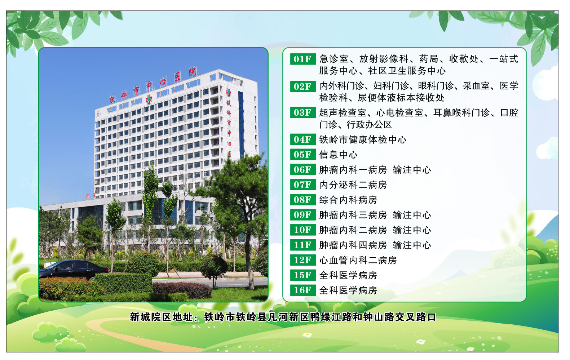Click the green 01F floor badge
click(x=302, y=59)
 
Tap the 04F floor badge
click(x=302, y=139)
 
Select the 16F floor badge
click(x=302, y=290)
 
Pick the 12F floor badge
click(x=302, y=260)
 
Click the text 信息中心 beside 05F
click(x=338, y=155)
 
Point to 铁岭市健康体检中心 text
click(x=363, y=140)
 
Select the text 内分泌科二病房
click(x=353, y=185)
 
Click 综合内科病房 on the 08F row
click(x=348, y=200)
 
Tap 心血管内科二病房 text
click(x=358, y=260)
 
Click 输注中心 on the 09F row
click(x=412, y=215)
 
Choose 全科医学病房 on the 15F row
click(x=348, y=275)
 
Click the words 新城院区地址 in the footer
click(x=162, y=317)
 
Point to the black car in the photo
click(x=74, y=270)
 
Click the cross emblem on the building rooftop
click(x=149, y=99)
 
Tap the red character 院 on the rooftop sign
click(x=193, y=72)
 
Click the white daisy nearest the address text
click(x=307, y=334)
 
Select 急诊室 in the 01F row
click(x=334, y=59)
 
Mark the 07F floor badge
click(x=302, y=185)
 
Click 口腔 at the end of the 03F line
click(x=509, y=113)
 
